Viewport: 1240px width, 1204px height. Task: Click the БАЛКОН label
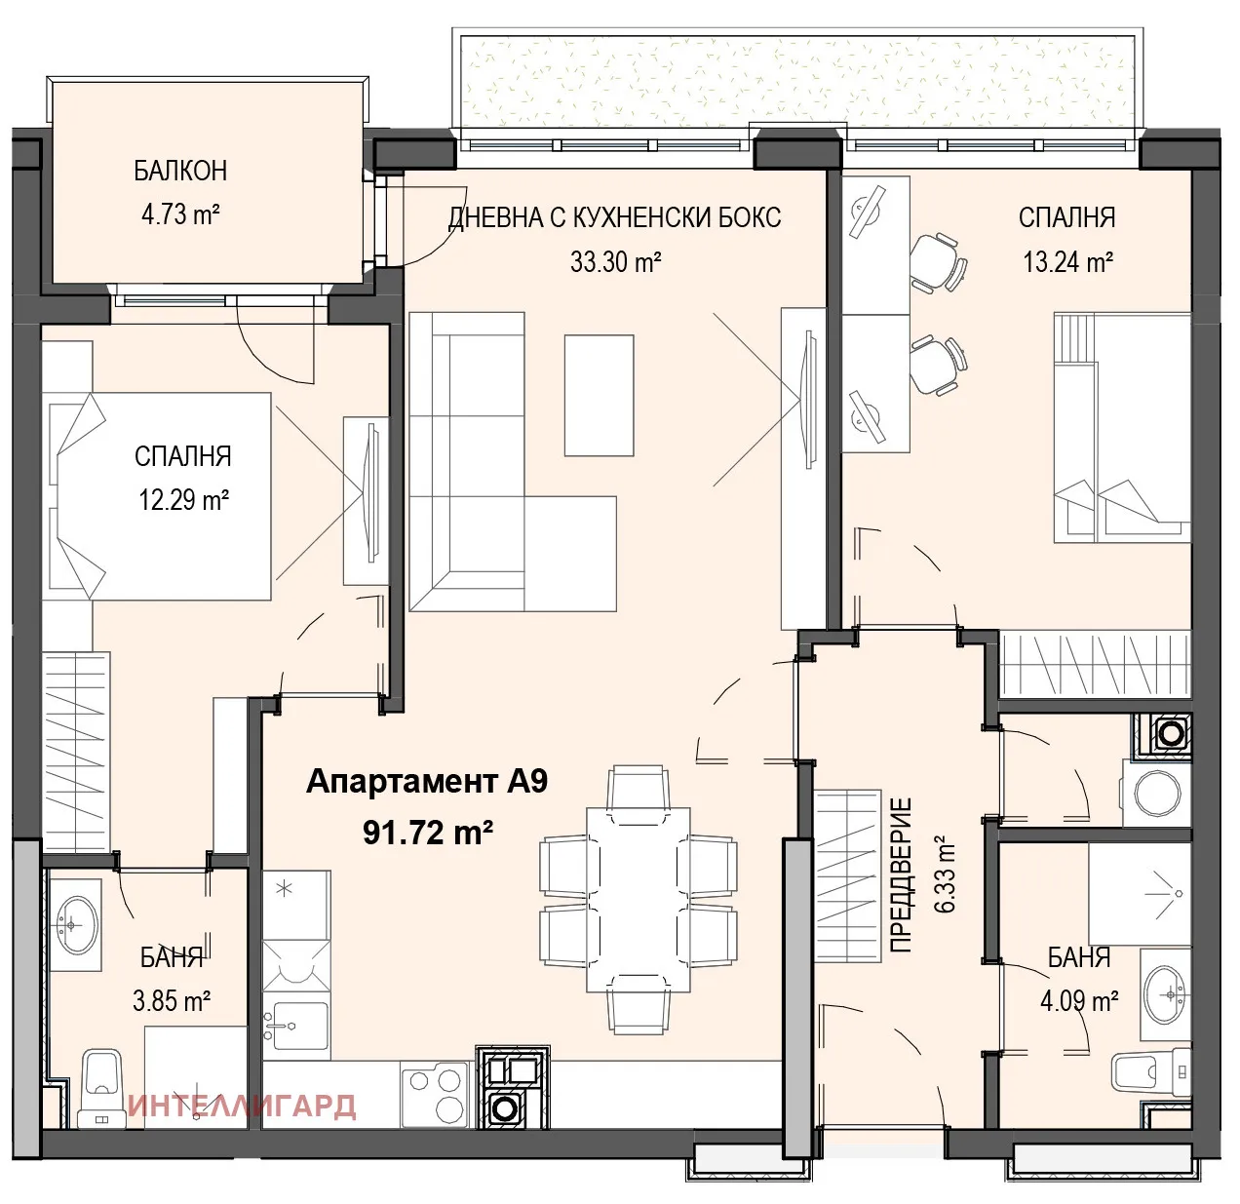click(180, 171)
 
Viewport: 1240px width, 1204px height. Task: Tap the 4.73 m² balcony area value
click(180, 214)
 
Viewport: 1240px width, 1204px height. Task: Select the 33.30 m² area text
click(615, 261)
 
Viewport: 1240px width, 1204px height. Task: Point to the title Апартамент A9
click(427, 782)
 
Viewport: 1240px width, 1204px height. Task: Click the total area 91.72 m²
click(428, 833)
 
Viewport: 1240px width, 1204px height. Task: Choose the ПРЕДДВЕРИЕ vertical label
click(902, 875)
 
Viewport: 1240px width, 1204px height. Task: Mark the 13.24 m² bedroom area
click(1067, 261)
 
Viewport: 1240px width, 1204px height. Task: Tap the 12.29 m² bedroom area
click(183, 500)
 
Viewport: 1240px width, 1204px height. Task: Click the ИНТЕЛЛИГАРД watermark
click(242, 1107)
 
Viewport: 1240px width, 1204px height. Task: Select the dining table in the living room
click(639, 899)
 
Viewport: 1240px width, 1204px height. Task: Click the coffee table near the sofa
click(599, 394)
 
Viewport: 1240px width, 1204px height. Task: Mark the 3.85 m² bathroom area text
click(173, 1001)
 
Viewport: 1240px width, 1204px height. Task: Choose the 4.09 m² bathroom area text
click(1079, 1001)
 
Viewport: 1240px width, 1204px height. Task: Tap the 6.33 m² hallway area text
click(944, 874)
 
